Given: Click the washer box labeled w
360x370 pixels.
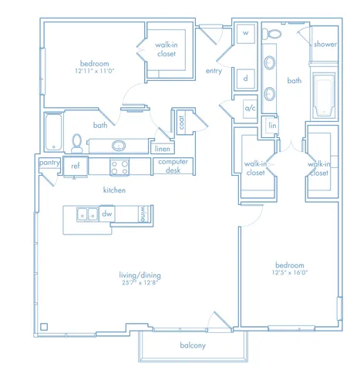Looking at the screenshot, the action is tap(246, 33).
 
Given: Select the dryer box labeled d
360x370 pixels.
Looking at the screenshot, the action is tap(246, 79).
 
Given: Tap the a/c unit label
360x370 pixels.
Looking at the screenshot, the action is tap(250, 108).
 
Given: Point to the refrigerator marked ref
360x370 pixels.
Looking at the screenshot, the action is tap(76, 166).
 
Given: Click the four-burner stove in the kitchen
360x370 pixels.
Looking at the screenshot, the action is tap(119, 167).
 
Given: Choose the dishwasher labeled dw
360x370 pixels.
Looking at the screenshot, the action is tap(107, 214).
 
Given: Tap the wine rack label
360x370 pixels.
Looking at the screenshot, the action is tap(143, 214).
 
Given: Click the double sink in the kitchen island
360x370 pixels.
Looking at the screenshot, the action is tap(87, 214).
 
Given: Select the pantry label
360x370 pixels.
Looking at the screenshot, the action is tap(49, 163).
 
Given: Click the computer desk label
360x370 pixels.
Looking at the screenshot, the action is tap(173, 166).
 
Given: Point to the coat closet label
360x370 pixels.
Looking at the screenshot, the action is tap(181, 123).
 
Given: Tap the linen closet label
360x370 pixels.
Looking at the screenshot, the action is tap(163, 149).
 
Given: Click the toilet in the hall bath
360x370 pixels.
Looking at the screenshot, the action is tap(76, 143).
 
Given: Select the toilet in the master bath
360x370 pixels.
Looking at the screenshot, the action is tap(271, 33).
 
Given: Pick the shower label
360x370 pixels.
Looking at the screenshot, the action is tap(325, 44).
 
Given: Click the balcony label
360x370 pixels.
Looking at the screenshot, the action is tap(193, 345).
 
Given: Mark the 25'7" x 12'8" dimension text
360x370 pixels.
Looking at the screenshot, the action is tap(140, 283).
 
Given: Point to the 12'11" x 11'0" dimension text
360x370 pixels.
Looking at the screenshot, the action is tap(95, 71).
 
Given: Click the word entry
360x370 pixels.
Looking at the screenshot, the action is tap(214, 71).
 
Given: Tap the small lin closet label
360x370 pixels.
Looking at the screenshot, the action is tap(272, 126).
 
